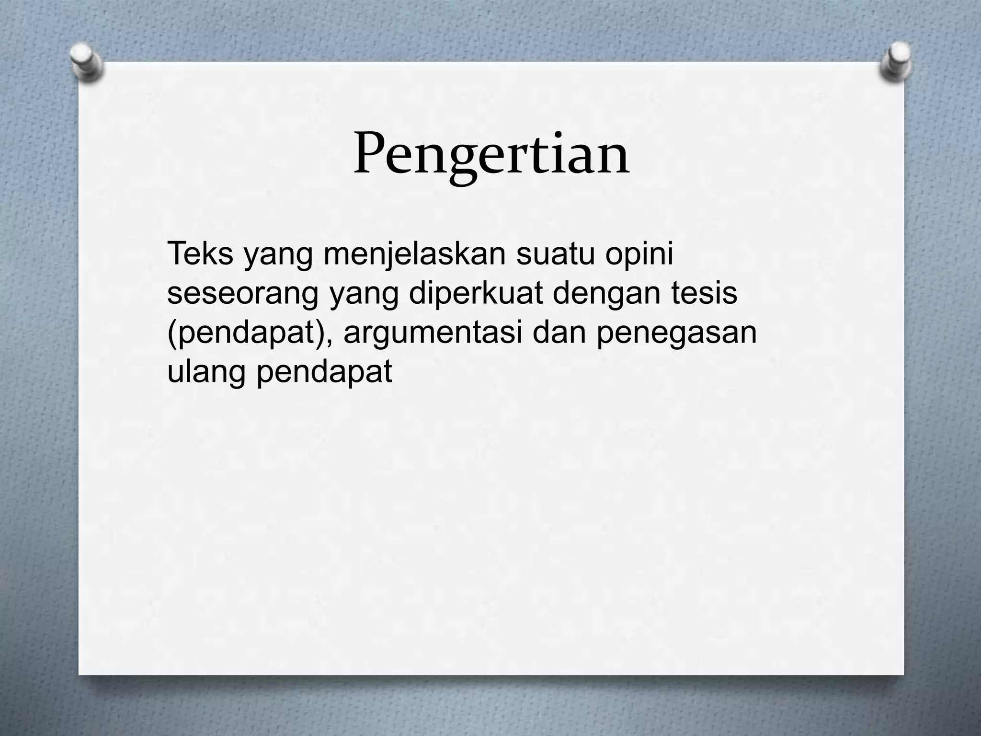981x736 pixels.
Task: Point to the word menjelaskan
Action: [414, 255]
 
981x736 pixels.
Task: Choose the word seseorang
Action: [242, 295]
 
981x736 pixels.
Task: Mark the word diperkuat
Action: [476, 295]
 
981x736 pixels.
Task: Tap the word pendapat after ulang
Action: [324, 373]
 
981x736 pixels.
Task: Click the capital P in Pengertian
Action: [369, 153]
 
